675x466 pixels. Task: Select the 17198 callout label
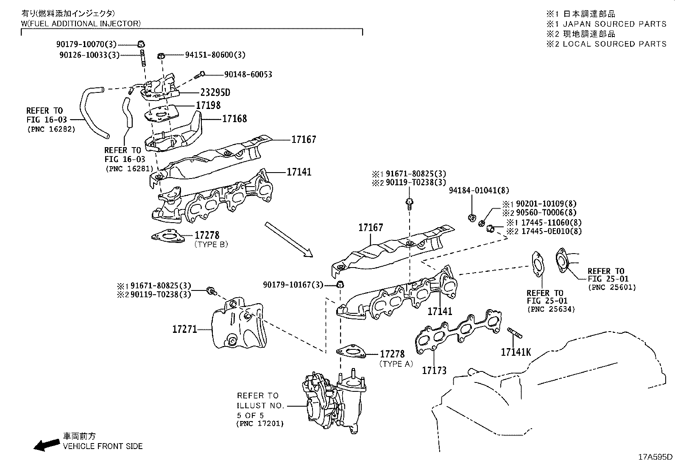(x=208, y=106)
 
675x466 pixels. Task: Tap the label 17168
(x=234, y=119)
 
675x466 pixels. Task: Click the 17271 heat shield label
(x=184, y=329)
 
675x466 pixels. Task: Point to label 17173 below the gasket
(x=434, y=371)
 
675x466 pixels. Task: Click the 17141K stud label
(x=516, y=352)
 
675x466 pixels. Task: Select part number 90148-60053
(x=248, y=75)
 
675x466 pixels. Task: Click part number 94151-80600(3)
(x=215, y=55)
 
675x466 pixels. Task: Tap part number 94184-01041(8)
(x=479, y=191)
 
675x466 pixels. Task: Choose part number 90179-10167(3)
(x=293, y=285)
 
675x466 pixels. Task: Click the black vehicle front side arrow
(x=47, y=444)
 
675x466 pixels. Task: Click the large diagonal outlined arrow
(x=289, y=240)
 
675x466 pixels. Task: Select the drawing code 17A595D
(x=655, y=457)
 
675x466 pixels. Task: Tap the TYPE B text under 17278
(x=211, y=245)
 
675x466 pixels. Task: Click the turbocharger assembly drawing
(x=333, y=403)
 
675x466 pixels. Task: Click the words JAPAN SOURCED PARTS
(x=614, y=24)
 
